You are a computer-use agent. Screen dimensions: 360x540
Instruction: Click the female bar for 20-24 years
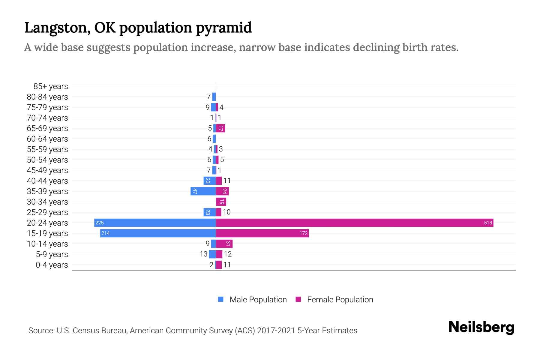tap(354, 223)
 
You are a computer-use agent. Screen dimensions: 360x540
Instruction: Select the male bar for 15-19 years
tap(158, 233)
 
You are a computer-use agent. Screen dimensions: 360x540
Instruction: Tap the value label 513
tap(488, 223)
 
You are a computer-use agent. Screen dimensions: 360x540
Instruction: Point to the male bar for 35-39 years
tap(203, 191)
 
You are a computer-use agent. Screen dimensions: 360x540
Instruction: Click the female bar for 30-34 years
tap(221, 202)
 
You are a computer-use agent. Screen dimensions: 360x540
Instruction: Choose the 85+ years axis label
tap(50, 86)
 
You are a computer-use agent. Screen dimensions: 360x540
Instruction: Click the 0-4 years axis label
tap(52, 265)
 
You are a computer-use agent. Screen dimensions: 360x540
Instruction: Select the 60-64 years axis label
tap(47, 139)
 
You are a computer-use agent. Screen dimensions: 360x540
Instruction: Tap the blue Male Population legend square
tap(221, 299)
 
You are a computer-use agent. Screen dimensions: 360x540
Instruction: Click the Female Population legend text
tap(340, 300)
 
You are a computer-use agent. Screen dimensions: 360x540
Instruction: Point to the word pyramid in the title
tap(224, 28)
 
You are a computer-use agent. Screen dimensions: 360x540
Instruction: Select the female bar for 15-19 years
tap(262, 233)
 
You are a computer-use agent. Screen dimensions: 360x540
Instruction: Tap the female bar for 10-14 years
tap(224, 244)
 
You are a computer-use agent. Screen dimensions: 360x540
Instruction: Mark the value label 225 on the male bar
tap(100, 223)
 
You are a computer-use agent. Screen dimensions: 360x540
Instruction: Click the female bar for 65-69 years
tap(220, 128)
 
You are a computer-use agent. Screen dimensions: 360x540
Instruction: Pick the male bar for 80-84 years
tap(214, 97)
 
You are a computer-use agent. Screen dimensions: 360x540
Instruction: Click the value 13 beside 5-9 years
tap(203, 254)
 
